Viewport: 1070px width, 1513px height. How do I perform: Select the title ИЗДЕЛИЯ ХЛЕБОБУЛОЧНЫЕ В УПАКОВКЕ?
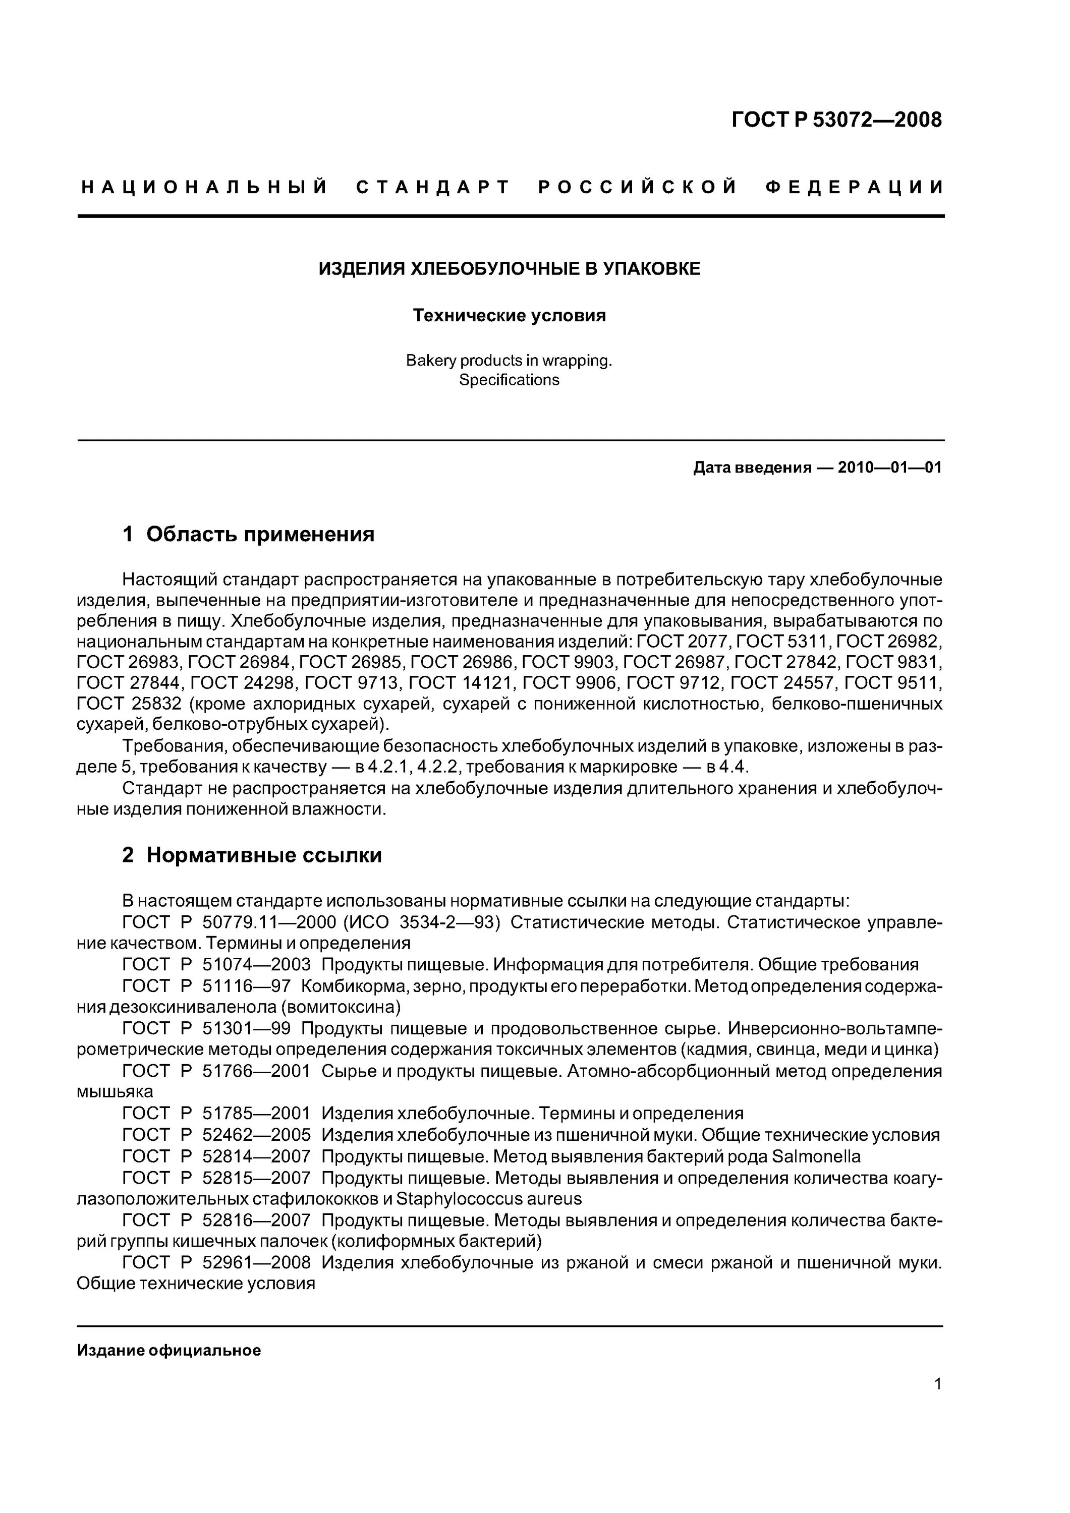[510, 269]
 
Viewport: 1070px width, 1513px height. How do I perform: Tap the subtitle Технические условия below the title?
[509, 316]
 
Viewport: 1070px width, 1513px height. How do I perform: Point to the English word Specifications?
[509, 380]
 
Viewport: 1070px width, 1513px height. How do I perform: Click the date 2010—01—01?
[889, 468]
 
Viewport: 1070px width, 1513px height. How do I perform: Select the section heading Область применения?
[260, 534]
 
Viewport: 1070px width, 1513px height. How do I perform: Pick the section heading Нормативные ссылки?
[264, 855]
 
